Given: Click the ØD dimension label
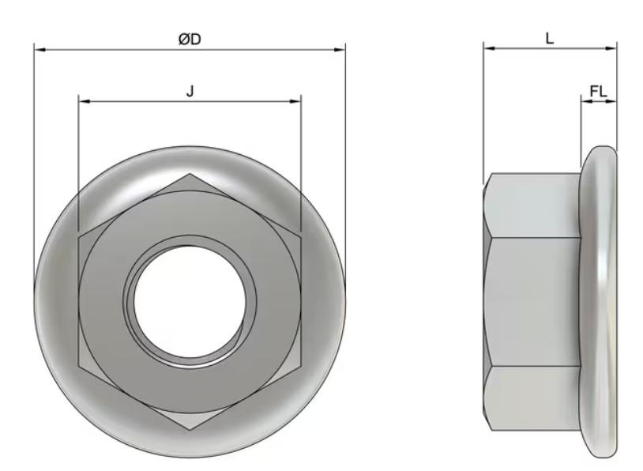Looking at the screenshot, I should tap(190, 39).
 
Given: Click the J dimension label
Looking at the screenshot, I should tap(190, 91).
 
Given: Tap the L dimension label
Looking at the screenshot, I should tap(550, 38).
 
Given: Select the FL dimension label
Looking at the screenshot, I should tap(598, 92).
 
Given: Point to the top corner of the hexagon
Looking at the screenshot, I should tap(190, 172).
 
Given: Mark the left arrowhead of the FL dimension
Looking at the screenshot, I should tap(585, 101).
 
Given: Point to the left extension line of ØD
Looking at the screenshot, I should tap(34, 158).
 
